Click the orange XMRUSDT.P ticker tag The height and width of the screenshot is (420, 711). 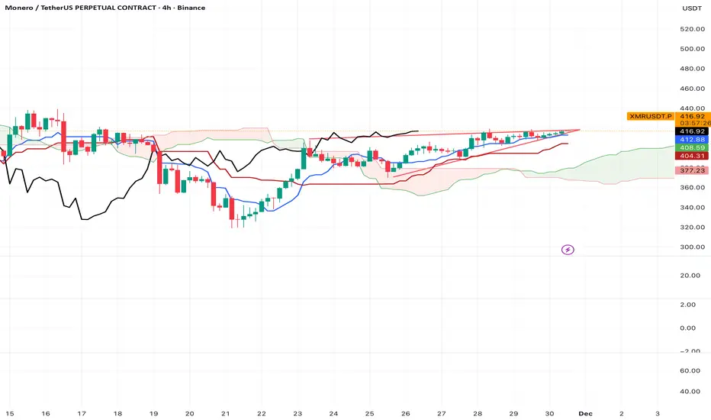tap(648, 116)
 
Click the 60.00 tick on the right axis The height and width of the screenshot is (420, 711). tap(690, 370)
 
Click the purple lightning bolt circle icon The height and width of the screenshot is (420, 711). tap(568, 249)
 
